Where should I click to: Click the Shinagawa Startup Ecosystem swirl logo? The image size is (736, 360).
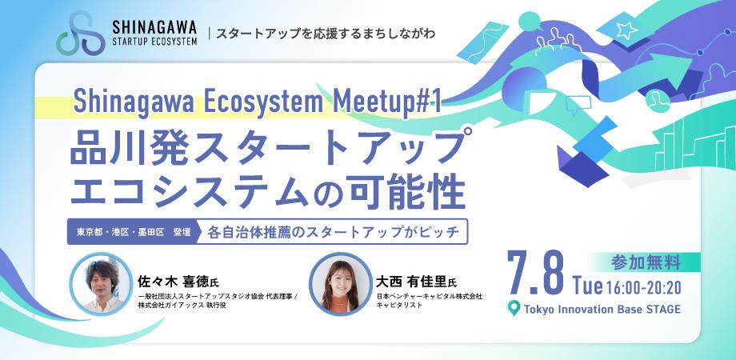(x=81, y=34)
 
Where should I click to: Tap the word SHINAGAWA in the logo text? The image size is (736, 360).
(x=154, y=26)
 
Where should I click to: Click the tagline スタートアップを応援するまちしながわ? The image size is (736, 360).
(x=326, y=34)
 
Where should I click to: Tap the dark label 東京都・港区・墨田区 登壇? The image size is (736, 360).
(x=134, y=232)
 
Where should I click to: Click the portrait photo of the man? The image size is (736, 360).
(x=102, y=284)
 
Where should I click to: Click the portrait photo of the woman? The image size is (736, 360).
(x=341, y=284)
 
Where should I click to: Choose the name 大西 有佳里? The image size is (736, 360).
(x=410, y=282)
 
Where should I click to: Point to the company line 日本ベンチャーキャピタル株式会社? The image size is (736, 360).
(x=429, y=297)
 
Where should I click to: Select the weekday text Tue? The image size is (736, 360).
(x=587, y=286)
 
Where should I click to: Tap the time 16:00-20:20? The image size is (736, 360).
(x=643, y=286)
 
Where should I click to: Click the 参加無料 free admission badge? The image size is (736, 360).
(x=646, y=263)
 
